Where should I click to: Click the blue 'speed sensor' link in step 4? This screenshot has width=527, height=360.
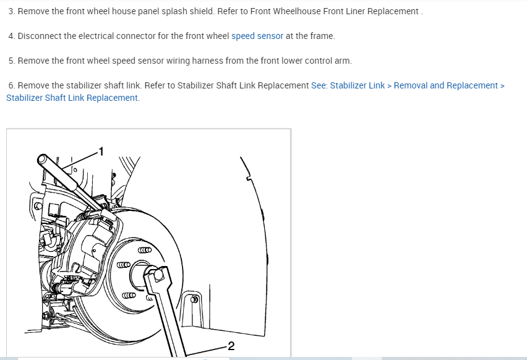point(257,36)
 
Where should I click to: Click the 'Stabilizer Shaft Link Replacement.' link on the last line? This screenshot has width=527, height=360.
point(73,98)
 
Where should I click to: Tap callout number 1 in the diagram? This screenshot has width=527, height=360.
point(101,152)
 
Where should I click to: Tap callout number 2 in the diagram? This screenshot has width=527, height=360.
point(231,346)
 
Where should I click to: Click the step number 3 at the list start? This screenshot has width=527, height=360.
point(11,11)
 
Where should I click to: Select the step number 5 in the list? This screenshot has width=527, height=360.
point(11,61)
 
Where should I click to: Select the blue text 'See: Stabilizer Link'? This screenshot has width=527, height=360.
point(348,86)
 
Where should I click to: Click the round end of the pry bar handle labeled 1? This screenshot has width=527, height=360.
point(42,160)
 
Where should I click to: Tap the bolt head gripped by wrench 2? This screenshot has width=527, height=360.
point(158,275)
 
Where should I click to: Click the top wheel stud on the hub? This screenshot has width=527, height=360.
point(145,250)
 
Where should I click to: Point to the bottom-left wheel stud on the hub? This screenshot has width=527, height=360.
point(129,296)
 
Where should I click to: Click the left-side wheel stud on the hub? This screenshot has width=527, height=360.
point(123,265)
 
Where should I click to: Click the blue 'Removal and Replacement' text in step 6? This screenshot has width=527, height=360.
point(446,86)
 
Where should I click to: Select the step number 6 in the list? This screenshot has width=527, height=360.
point(11,86)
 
